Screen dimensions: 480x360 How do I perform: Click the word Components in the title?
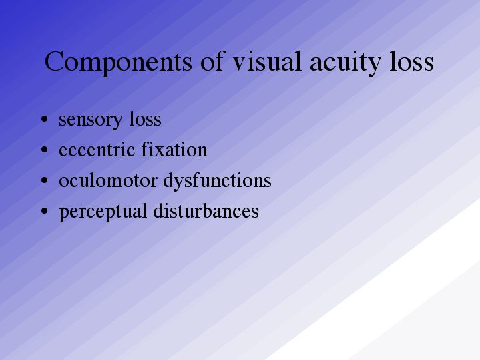(118, 63)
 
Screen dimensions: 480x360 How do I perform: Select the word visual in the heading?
(267, 61)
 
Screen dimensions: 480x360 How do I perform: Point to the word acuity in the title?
(345, 64)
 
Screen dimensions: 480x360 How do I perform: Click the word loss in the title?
(411, 61)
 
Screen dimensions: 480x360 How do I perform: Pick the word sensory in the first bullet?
(91, 120)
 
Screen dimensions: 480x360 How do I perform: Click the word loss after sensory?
(145, 118)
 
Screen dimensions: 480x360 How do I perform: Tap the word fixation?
(174, 149)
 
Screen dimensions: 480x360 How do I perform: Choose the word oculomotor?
(108, 180)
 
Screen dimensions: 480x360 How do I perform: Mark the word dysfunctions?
(218, 182)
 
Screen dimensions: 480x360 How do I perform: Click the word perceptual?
(103, 212)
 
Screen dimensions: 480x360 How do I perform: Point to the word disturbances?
(206, 211)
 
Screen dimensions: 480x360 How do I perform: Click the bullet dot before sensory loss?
(44, 119)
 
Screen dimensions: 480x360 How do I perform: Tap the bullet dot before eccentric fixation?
(44, 150)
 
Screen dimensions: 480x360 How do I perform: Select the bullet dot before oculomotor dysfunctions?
(44, 180)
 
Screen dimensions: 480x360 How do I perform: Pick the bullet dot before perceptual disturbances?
(44, 211)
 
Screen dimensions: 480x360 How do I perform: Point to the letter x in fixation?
(162, 152)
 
